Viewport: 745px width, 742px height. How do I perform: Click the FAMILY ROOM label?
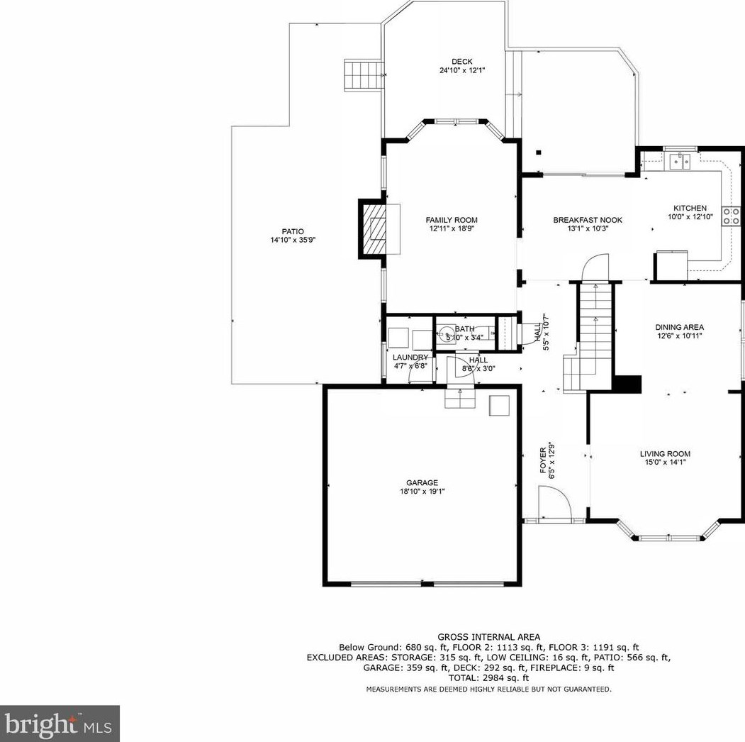tap(452, 220)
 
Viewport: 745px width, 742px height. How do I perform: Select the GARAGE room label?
tap(422, 483)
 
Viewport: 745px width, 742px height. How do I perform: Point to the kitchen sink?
tap(681, 161)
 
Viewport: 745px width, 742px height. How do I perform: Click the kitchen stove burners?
tap(730, 215)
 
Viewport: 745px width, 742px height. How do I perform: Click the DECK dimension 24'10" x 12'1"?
tap(461, 71)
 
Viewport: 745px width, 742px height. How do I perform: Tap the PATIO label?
tap(292, 231)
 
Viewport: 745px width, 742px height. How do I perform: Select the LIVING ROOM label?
tap(664, 454)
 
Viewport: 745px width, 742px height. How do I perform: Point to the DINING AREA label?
tap(678, 327)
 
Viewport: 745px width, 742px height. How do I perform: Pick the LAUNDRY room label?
tap(410, 357)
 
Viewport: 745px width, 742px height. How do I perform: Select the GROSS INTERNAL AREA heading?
tap(488, 637)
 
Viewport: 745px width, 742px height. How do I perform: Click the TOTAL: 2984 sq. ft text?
tap(488, 678)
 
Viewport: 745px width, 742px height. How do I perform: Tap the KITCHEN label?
tap(690, 208)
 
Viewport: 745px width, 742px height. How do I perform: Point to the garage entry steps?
tap(461, 399)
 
